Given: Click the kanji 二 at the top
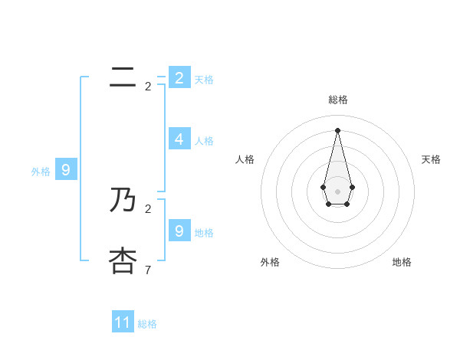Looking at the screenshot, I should point(123,77).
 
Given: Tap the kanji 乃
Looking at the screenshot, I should point(123,201).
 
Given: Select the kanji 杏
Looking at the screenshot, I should point(123,260).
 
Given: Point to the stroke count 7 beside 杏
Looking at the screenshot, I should point(148,270).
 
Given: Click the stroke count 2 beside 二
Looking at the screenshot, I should point(148,87).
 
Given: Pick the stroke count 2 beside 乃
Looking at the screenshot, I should point(148,208).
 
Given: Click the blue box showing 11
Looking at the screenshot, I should point(123,322).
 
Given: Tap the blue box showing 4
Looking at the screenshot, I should point(179,139).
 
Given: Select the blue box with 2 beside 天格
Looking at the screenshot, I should point(179,77).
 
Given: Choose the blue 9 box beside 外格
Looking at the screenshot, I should point(65,170).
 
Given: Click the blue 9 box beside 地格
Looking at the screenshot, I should point(179,230).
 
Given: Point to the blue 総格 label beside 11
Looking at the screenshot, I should point(147,324).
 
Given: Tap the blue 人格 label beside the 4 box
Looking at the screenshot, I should point(204,141).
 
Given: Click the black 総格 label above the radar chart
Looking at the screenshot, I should point(338,100).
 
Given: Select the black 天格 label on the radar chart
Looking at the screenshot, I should point(432,159).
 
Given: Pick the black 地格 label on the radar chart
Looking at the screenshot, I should point(402,262).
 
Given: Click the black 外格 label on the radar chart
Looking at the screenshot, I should point(270,262).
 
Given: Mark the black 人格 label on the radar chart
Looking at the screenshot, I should point(245,159).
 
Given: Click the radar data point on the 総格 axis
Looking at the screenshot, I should point(337,129).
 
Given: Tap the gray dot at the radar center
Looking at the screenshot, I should point(337,191).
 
